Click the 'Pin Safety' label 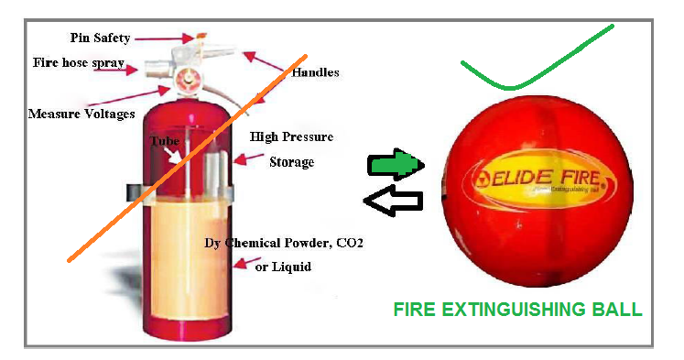point(101,38)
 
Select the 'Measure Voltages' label point(81,114)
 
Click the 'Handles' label point(315,71)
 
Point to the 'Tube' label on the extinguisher point(165,142)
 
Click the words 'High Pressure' point(291,138)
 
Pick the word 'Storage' point(291,162)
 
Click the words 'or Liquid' point(283,267)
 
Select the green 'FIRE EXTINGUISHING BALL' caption point(517,310)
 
